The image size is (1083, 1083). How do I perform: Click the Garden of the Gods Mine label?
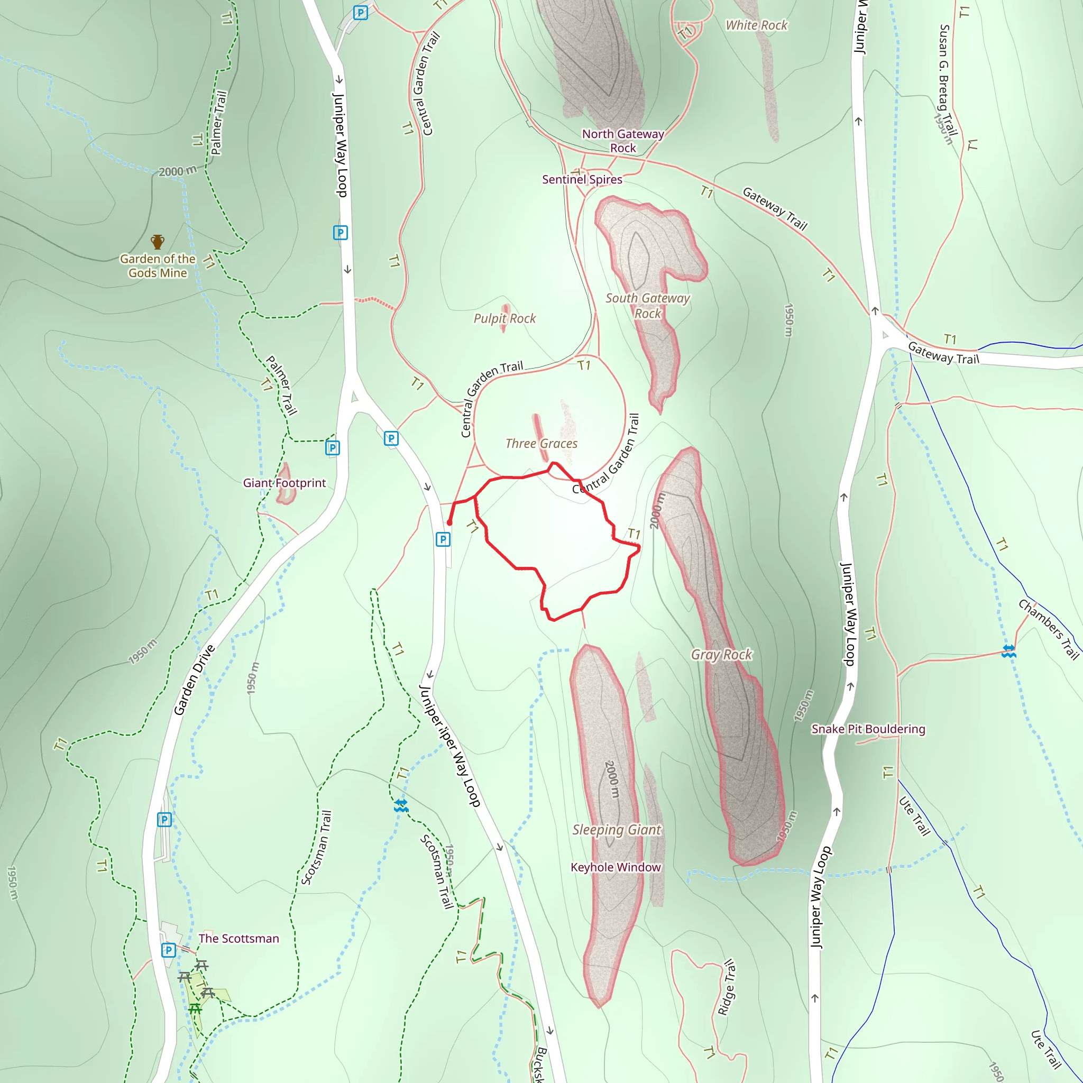[158, 265]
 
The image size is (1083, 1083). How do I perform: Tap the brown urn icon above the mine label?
[158, 242]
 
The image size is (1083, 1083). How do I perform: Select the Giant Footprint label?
[284, 483]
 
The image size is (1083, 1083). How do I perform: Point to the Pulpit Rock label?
[504, 318]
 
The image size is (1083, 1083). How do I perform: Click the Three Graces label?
[541, 443]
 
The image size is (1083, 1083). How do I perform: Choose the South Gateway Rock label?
[647, 306]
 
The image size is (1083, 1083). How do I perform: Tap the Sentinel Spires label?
[582, 179]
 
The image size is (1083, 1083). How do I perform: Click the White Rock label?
[756, 25]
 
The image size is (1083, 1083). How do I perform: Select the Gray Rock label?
[721, 654]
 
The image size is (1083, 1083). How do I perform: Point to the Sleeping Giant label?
[617, 830]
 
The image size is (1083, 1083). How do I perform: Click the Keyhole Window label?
[616, 867]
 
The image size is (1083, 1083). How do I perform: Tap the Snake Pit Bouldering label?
[868, 729]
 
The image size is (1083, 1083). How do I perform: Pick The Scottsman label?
[238, 939]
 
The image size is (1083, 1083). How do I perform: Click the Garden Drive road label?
[194, 680]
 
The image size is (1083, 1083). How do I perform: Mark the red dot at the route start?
[449, 523]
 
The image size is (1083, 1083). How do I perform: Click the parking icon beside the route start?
[443, 539]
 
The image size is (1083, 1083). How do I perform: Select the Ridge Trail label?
[727, 987]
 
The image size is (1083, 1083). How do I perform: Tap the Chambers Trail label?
[1048, 629]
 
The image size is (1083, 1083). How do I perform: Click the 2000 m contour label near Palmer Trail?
[178, 171]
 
